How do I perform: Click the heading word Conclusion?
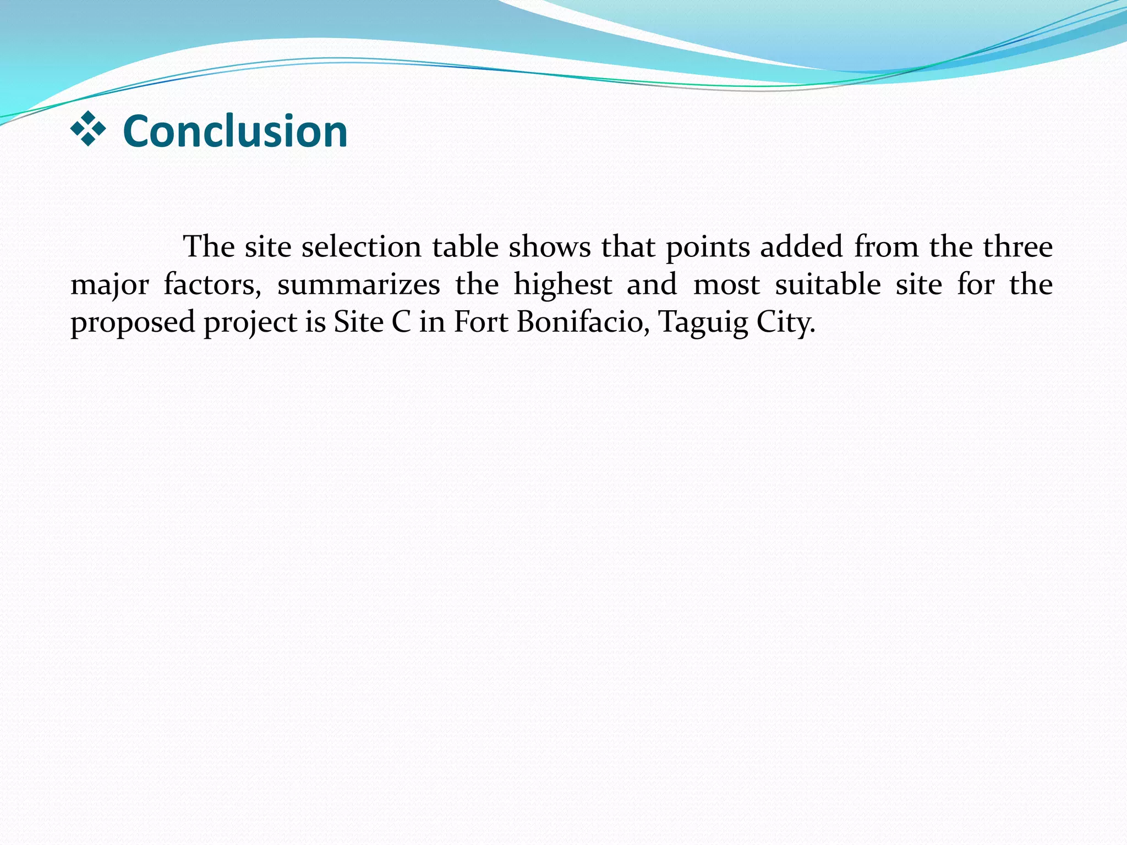click(235, 131)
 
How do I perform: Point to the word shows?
click(549, 246)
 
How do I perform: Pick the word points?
click(708, 248)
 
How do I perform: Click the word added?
click(801, 246)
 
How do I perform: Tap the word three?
click(1017, 246)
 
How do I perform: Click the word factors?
click(212, 285)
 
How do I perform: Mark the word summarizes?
click(358, 284)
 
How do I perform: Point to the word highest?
click(562, 285)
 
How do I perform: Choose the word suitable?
click(828, 284)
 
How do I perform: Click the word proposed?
click(133, 323)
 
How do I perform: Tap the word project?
click(250, 323)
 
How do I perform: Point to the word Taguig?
click(703, 323)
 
